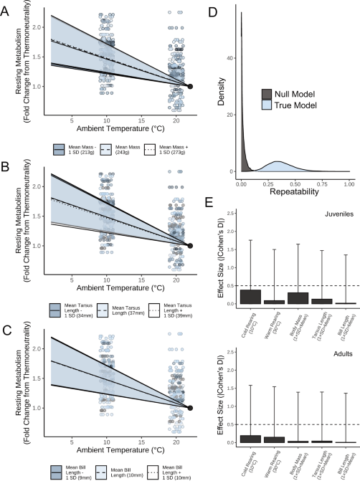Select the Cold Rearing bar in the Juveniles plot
pos(250,296)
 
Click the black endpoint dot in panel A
pos(190,86)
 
